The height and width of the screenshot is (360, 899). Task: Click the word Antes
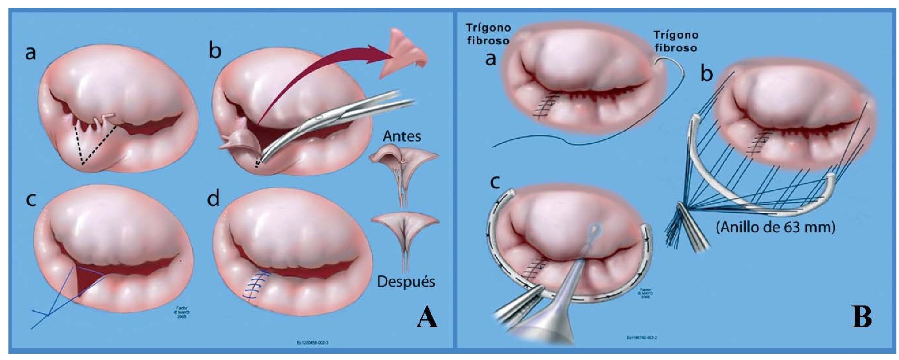[x=401, y=136]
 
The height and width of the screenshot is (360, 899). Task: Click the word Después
[x=405, y=282]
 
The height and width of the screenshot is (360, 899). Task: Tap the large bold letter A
[x=427, y=318]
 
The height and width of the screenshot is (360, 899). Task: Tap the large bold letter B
[x=862, y=318]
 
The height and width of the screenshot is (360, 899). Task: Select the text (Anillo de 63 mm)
[x=775, y=227]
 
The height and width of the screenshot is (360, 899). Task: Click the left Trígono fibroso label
[x=488, y=34]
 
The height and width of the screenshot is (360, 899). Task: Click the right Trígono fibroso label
[x=675, y=41]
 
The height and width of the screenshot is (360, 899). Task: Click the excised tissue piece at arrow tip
[x=405, y=52]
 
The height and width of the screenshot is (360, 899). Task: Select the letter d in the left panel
[x=213, y=199]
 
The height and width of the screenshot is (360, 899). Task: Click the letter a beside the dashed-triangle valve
[x=30, y=53]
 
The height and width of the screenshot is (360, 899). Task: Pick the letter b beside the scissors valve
[x=215, y=51]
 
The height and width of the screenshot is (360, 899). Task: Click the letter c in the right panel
[x=495, y=182]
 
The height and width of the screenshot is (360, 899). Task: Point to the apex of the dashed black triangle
[x=83, y=164]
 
